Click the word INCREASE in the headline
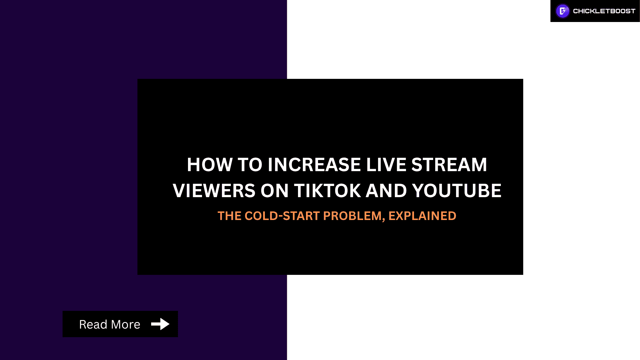[x=314, y=165]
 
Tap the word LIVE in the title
[x=386, y=165]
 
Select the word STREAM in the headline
[x=449, y=165]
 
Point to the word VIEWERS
[x=214, y=191]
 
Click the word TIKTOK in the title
[x=327, y=191]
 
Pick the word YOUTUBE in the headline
[x=457, y=191]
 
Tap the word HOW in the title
[x=210, y=165]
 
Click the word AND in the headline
[x=386, y=191]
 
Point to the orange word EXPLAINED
[x=422, y=216]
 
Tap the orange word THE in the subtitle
[x=229, y=216]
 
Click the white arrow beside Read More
[x=160, y=324]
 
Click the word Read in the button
[x=93, y=325]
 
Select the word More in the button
[x=126, y=325]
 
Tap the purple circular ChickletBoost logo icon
[x=563, y=11]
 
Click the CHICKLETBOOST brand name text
[x=604, y=11]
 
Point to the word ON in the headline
[x=274, y=191]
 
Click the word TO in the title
[x=250, y=165]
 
